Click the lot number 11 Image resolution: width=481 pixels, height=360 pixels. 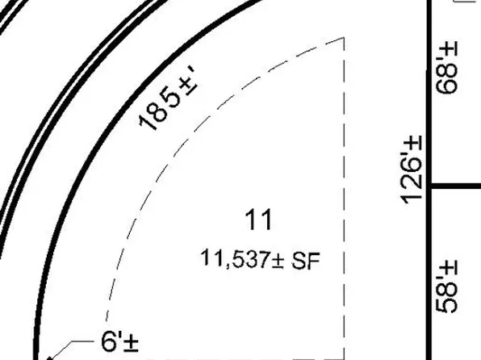pos(258,220)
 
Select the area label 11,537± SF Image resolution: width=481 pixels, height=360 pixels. pos(260,260)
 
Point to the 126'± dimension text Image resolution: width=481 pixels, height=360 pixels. pos(412,170)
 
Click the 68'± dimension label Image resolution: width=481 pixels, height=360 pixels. pos(446,67)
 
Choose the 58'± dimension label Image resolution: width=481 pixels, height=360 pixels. pos(446,287)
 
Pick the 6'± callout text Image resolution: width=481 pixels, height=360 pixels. pos(119,341)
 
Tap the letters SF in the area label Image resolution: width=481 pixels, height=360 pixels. pos(306,261)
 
